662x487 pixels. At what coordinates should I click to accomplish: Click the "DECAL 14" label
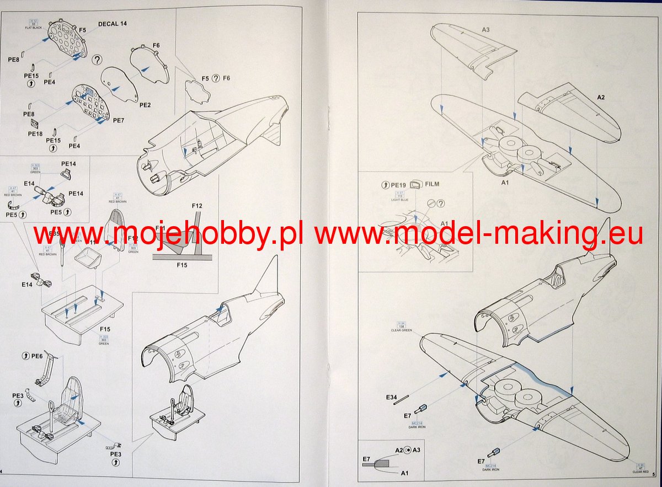coord(112,24)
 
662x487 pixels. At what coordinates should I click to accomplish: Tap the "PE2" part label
coord(145,104)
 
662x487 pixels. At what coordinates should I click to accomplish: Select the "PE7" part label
coord(119,120)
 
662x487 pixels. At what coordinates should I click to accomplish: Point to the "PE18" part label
coord(35,133)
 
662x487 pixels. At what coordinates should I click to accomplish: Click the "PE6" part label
coord(37,356)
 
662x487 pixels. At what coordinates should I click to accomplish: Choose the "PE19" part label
coord(398,184)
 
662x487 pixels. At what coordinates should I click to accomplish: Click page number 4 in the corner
coord(2,472)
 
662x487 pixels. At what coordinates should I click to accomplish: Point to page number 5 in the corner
coord(653,474)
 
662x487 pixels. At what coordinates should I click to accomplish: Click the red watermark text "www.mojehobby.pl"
coord(168,235)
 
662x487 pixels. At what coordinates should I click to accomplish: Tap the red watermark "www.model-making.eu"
coord(478,235)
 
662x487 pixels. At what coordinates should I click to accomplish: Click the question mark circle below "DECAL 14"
coord(97,60)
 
